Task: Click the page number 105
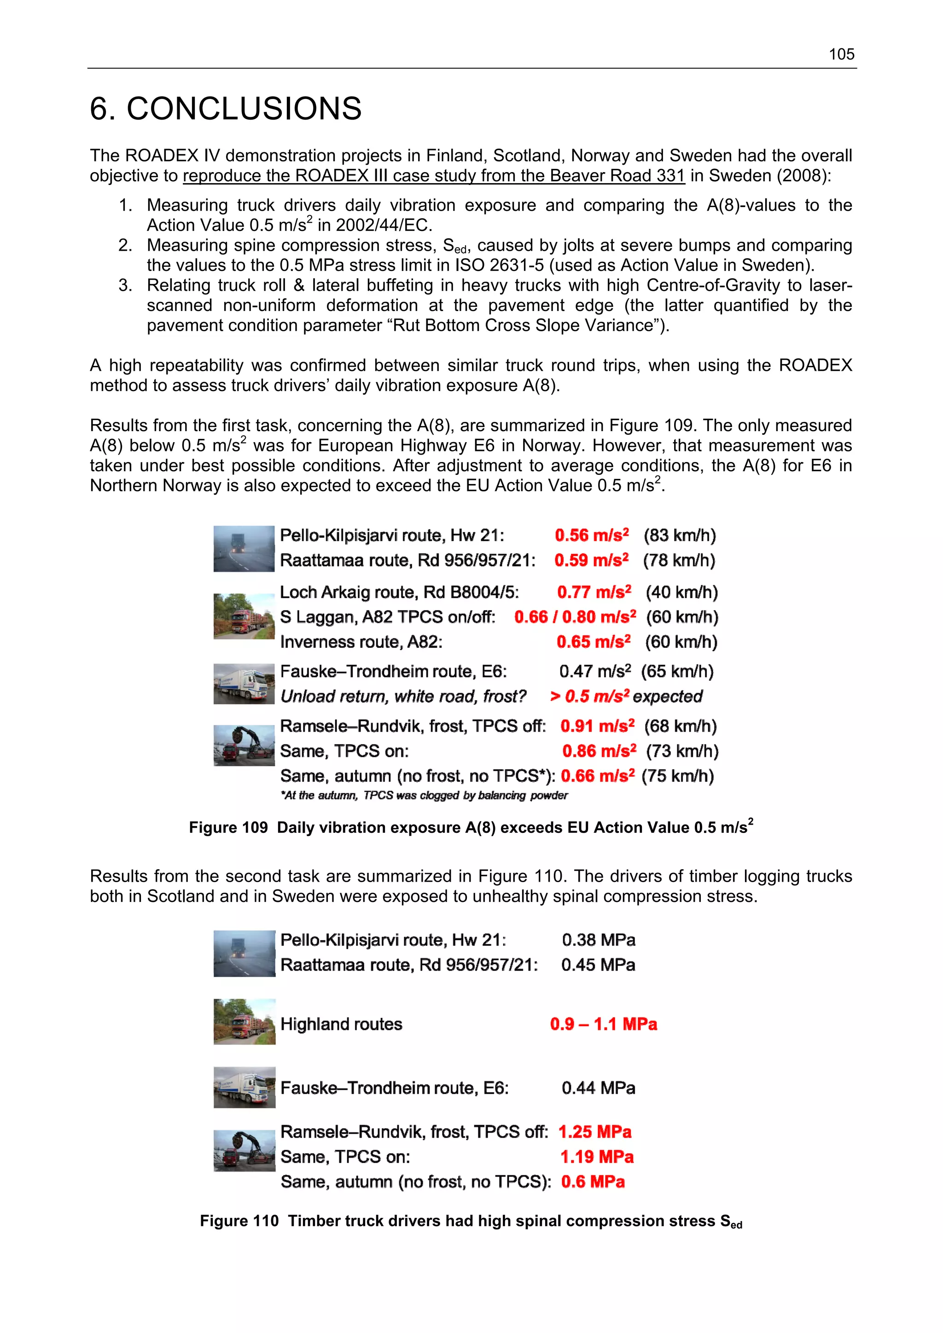tap(841, 55)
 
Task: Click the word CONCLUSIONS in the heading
tap(244, 109)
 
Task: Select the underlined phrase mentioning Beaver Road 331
tap(433, 176)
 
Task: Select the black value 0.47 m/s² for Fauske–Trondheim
tap(594, 672)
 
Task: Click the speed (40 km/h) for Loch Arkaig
tap(681, 592)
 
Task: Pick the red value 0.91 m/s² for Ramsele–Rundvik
tap(597, 726)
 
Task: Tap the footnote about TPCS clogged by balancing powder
tap(424, 796)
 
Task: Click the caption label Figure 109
tap(228, 828)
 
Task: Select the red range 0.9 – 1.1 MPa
tap(603, 1024)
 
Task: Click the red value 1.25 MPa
tap(594, 1132)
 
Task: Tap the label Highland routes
tap(341, 1024)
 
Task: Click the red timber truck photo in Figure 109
tap(244, 616)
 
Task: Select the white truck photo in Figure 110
tap(244, 1087)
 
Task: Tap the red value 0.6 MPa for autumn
tap(592, 1182)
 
